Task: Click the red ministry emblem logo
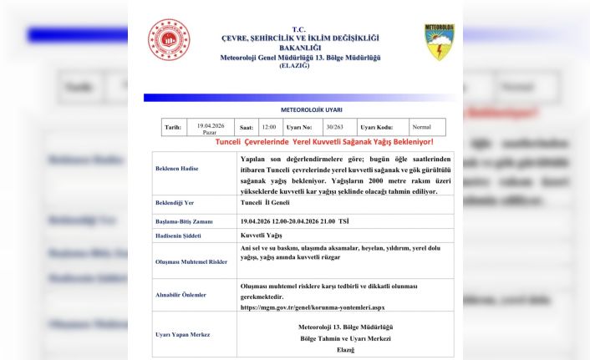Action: pos(170,39)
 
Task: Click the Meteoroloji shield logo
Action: pos(440,42)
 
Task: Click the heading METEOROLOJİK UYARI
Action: pos(300,109)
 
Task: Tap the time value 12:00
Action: pos(268,127)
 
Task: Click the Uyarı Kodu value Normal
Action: pos(422,127)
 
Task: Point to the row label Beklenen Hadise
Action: pos(180,168)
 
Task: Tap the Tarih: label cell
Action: pos(173,127)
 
